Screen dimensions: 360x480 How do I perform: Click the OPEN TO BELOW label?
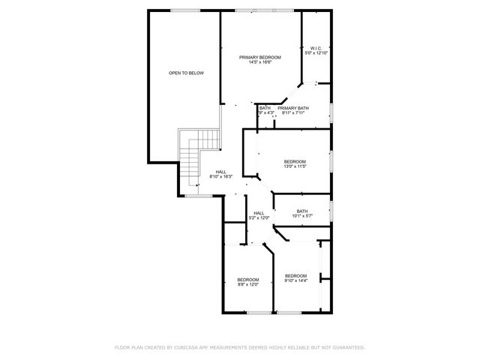point(186,73)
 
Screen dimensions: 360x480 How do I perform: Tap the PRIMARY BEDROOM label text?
point(259,57)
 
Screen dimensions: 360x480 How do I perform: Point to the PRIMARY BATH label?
point(293,108)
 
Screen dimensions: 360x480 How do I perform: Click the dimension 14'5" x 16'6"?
point(259,62)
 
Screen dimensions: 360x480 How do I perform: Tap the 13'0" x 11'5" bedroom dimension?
point(295,166)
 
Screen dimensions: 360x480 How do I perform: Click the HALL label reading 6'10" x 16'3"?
point(221,176)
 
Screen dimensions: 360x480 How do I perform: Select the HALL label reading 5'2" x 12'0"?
point(259,217)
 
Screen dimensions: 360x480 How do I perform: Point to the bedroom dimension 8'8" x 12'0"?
point(248,284)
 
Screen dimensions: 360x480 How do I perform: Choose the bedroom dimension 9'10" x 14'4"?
point(295,280)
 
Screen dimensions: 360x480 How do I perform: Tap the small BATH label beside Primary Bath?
point(265,108)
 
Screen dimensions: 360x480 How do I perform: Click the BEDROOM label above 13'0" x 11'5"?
point(295,161)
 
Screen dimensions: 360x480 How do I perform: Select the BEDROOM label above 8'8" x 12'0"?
point(248,279)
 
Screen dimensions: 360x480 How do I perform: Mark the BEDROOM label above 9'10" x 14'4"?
point(295,275)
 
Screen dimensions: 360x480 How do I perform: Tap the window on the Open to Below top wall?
point(183,10)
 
